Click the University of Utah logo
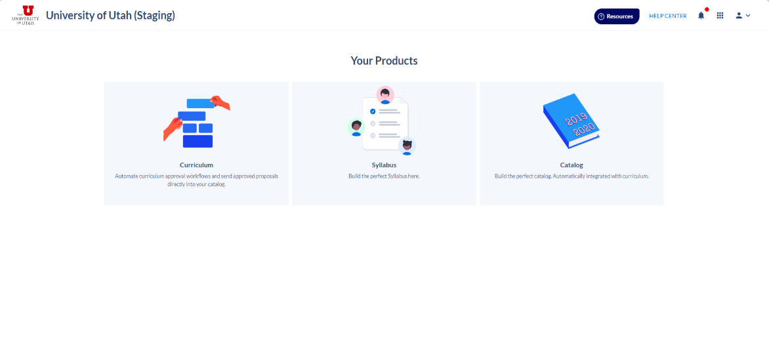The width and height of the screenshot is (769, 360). click(x=26, y=15)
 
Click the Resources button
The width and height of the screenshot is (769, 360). click(x=617, y=16)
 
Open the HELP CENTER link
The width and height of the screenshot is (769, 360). click(x=667, y=16)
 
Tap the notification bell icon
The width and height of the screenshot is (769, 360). click(x=701, y=16)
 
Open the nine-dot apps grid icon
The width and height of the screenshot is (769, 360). click(x=720, y=16)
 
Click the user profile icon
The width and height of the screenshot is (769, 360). click(x=739, y=16)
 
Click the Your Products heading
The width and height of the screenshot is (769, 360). click(x=384, y=61)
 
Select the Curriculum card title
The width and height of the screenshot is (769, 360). click(x=196, y=165)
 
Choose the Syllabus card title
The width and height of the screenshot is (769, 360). click(x=384, y=165)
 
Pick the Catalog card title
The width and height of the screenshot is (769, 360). click(x=572, y=165)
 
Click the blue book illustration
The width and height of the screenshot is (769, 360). click(x=572, y=121)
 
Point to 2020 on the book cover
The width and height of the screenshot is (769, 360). click(x=584, y=129)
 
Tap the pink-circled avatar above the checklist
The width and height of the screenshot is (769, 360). click(x=385, y=95)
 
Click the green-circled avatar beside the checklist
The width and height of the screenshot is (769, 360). click(x=356, y=127)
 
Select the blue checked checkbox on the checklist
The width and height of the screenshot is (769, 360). click(x=373, y=111)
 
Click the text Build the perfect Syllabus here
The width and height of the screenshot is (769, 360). click(x=384, y=176)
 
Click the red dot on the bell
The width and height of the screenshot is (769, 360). click(x=707, y=9)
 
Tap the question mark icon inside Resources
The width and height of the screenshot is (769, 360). click(x=601, y=16)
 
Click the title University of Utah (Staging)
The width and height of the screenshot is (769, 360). click(x=110, y=16)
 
